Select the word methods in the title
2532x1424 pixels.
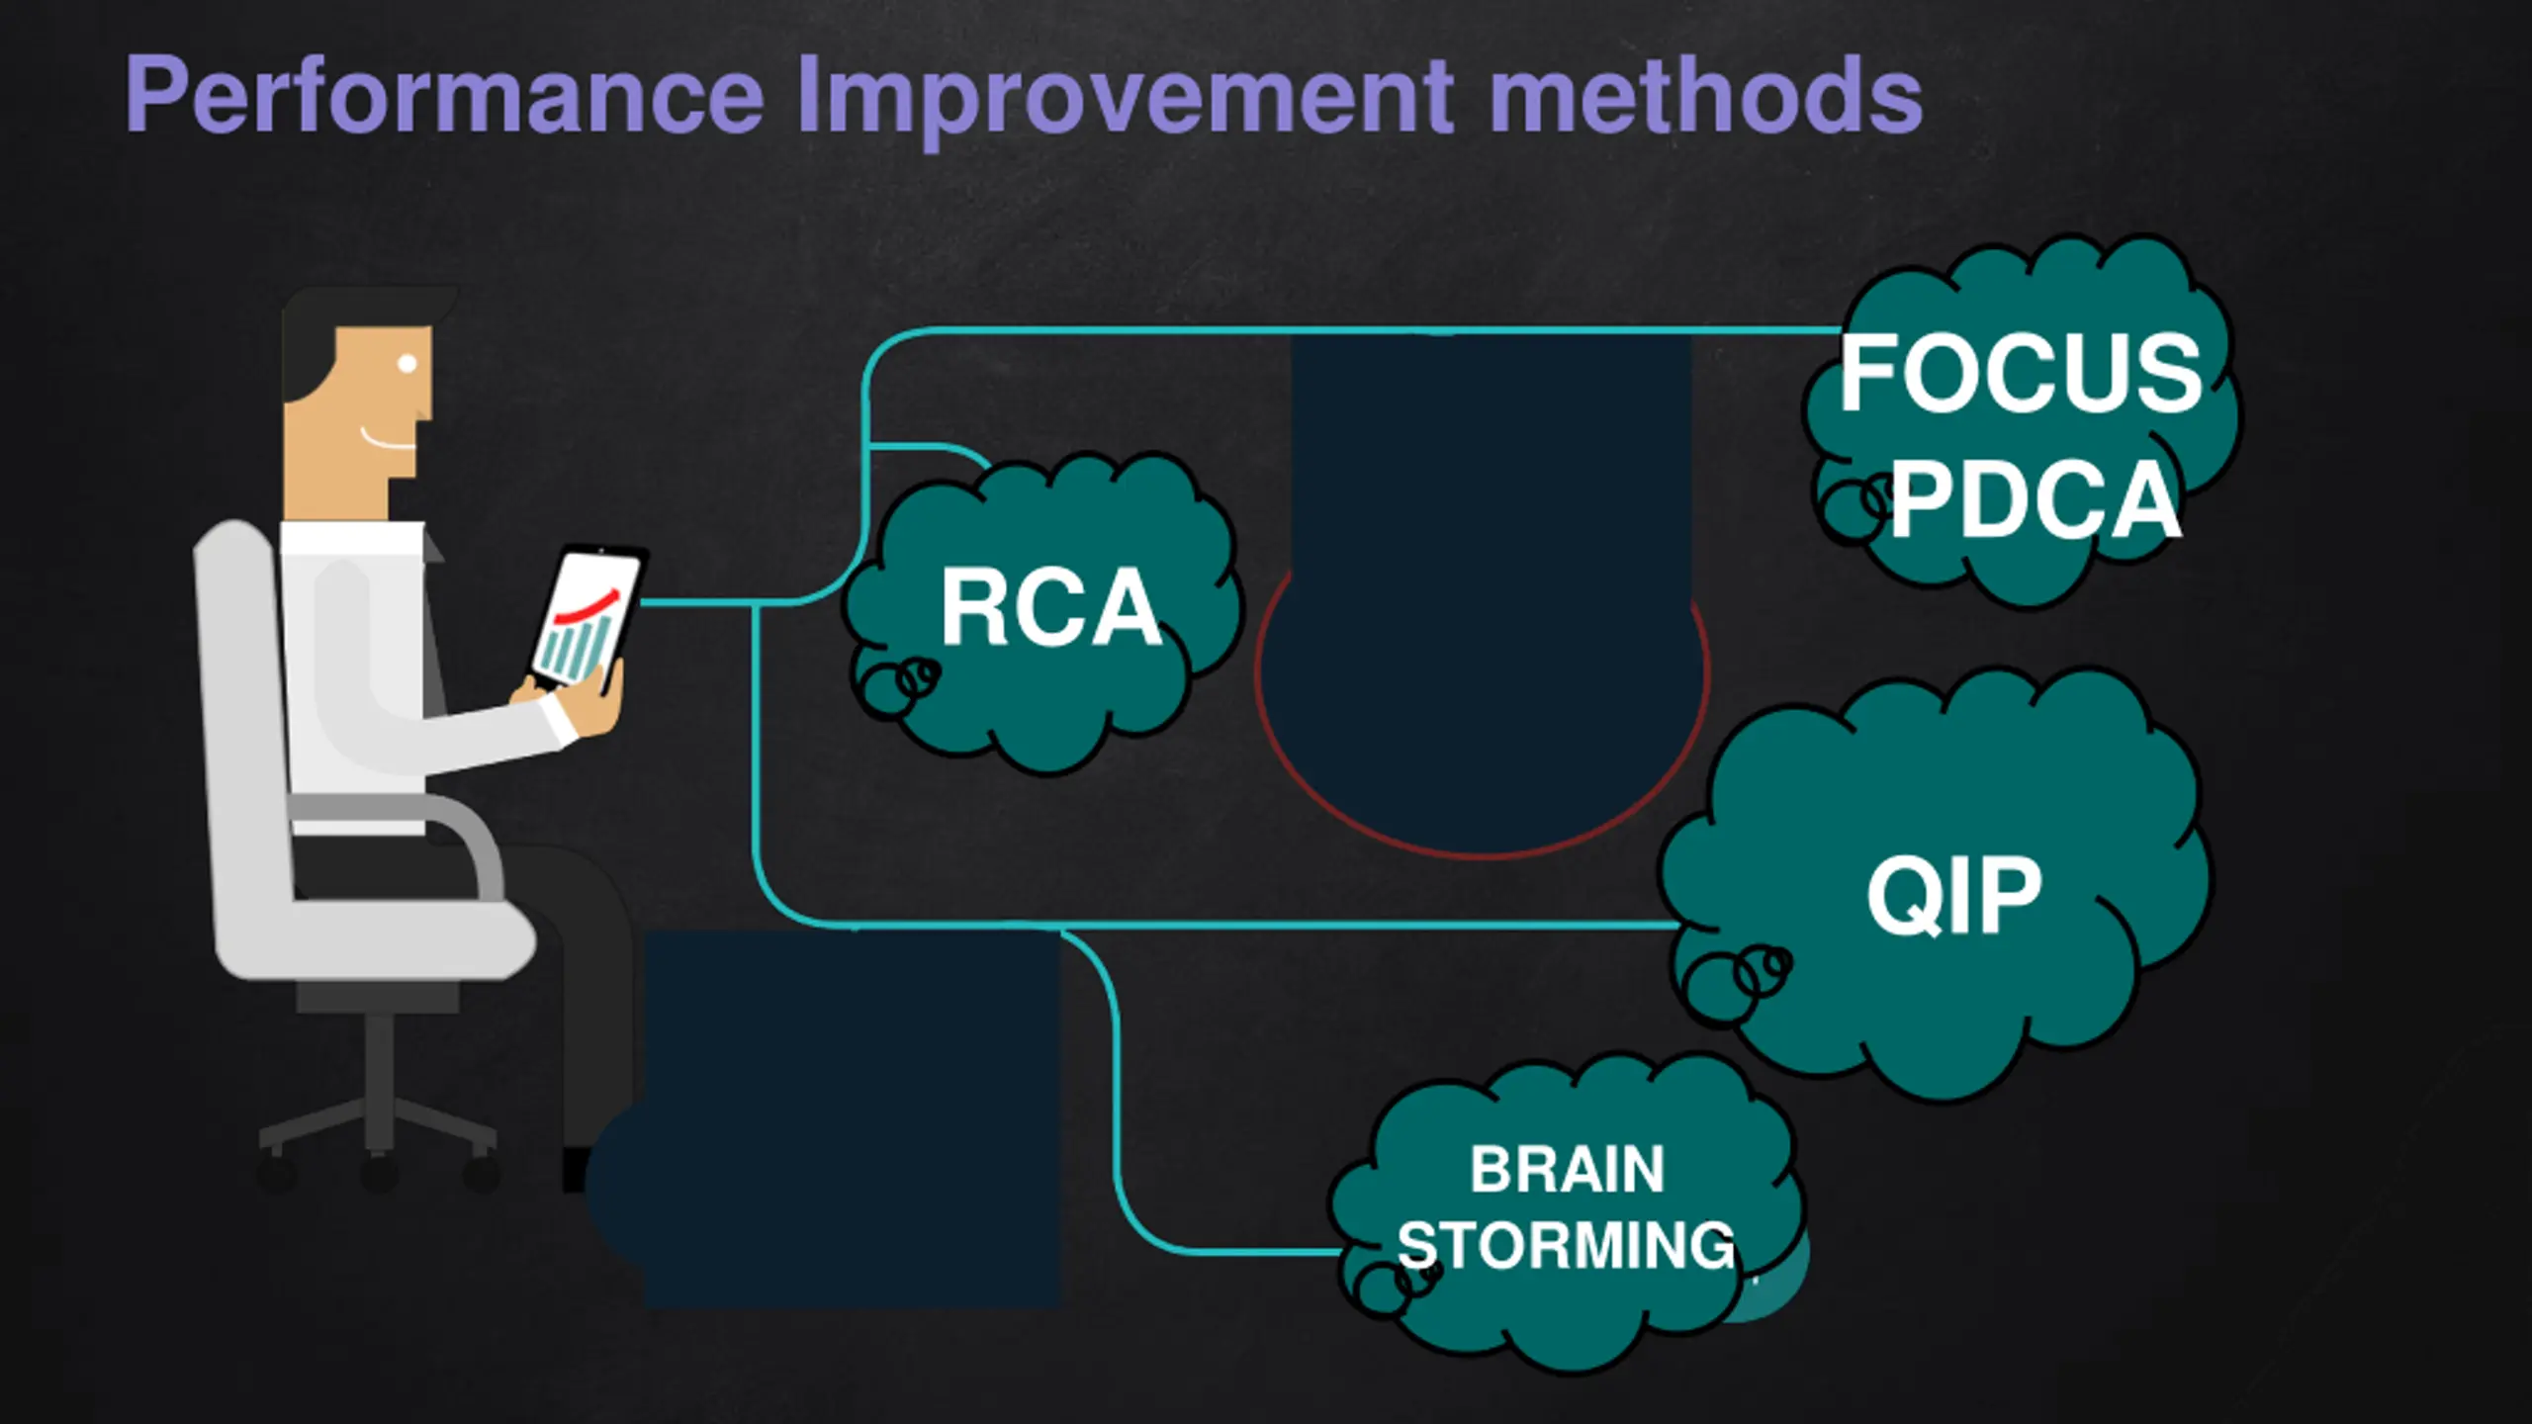tap(1705, 95)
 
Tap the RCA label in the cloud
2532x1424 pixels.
tap(1050, 608)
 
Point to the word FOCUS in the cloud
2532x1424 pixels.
tap(2020, 373)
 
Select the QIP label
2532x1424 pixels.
tap(1953, 895)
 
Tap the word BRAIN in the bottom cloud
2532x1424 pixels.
tap(1567, 1169)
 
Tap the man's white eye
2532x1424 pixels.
tap(407, 363)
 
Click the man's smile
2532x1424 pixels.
tap(388, 439)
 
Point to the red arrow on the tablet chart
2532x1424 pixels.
tap(588, 605)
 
